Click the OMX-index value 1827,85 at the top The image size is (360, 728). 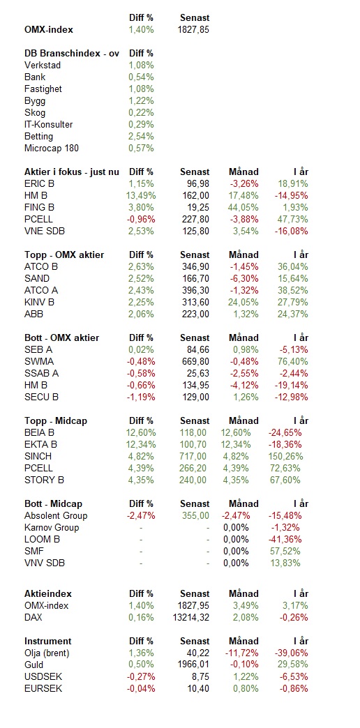tap(193, 30)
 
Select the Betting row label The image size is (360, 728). tap(38, 137)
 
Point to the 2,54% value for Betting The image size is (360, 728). tap(141, 137)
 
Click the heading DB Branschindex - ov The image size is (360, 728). tap(72, 54)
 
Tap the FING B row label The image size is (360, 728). tap(40, 208)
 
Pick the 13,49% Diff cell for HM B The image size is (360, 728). tap(141, 196)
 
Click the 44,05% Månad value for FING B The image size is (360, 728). tap(243, 208)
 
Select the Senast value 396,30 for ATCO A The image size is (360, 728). tap(195, 291)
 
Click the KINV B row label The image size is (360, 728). tap(39, 302)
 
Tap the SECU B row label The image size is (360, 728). tap(41, 397)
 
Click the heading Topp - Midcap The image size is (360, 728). tap(56, 421)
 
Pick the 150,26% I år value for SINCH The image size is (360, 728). tap(285, 456)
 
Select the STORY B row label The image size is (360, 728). tap(44, 480)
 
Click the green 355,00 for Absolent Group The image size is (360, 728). tap(194, 516)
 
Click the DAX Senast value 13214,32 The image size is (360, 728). tap(190, 618)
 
